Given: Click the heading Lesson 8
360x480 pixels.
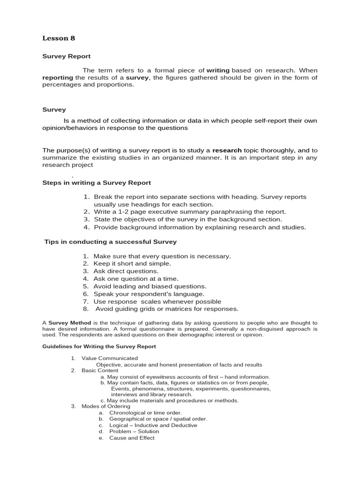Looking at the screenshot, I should coord(59,38).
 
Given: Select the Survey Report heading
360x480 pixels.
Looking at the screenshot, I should coord(67,56).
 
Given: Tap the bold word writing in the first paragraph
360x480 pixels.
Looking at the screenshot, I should coord(218,70).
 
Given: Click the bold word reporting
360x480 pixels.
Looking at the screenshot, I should coord(58,77).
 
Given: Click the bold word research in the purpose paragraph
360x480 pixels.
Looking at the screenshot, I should coord(227,150).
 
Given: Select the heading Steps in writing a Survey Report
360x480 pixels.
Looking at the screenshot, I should coord(97,182).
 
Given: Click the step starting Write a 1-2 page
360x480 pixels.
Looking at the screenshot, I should coord(189,212).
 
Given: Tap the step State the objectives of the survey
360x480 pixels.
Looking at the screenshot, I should coord(187,219).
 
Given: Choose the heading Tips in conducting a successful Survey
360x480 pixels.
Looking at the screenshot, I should coord(110,242).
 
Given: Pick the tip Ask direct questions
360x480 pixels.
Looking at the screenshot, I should coord(126,271).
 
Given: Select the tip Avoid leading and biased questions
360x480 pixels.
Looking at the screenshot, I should coord(150,286).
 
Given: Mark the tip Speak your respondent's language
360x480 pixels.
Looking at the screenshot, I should coord(149,294).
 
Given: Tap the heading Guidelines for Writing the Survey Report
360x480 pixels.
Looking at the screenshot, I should coord(99,346).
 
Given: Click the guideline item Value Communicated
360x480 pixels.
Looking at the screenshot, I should coord(110,358).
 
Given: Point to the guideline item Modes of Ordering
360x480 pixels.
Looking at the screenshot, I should coord(105,406).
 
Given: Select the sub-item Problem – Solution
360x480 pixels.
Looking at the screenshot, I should coord(134,431).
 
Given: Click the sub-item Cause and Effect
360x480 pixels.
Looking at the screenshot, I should coord(132,438).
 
